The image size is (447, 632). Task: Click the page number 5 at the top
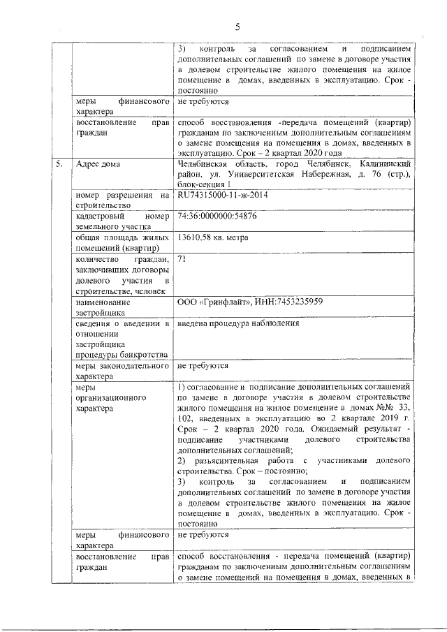coord(237,27)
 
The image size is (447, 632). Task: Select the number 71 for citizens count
coord(183,259)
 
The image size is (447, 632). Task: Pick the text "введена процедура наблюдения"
coord(238,323)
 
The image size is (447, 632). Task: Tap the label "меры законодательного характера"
coord(122,370)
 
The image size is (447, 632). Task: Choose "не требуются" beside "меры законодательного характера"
coord(203,365)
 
